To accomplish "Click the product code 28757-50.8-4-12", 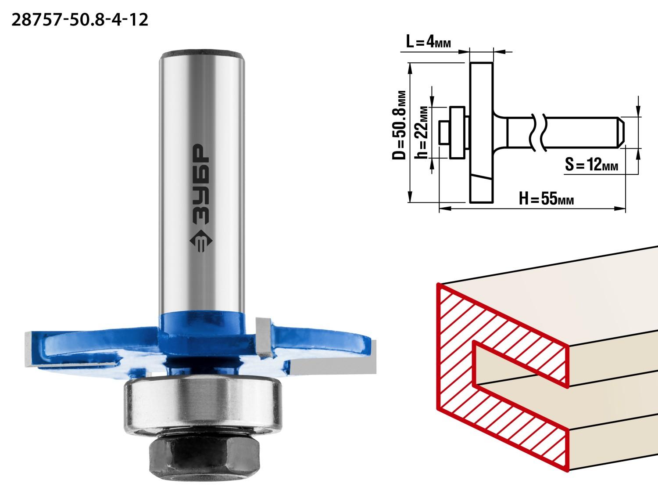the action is [x=80, y=20].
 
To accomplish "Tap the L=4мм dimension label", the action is [x=429, y=41].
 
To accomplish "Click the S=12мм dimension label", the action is [x=591, y=165].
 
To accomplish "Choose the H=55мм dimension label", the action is [x=546, y=198].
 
